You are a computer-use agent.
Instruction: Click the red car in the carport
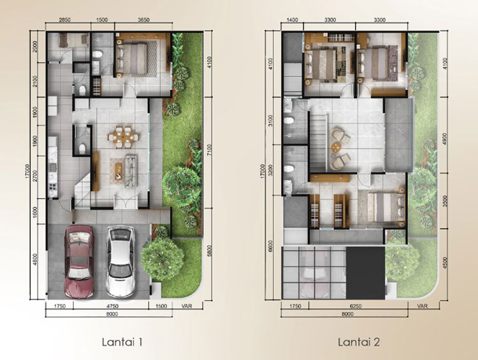click(78, 261)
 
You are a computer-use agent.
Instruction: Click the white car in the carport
click(120, 261)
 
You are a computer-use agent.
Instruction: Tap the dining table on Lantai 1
click(124, 137)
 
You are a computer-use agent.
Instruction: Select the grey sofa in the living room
click(131, 170)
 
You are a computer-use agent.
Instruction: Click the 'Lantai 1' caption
click(122, 342)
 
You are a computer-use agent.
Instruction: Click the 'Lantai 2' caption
click(359, 342)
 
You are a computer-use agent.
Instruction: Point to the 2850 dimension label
click(64, 20)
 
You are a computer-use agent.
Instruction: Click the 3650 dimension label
click(143, 20)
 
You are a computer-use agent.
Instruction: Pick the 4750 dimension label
click(113, 306)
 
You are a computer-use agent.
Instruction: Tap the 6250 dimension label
click(356, 306)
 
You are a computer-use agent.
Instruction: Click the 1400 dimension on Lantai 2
click(293, 20)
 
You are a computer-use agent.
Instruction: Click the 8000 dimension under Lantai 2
click(347, 313)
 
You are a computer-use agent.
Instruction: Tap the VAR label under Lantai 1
click(187, 306)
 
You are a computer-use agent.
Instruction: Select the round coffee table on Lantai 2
click(337, 147)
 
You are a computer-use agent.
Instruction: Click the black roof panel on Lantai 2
click(366, 273)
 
